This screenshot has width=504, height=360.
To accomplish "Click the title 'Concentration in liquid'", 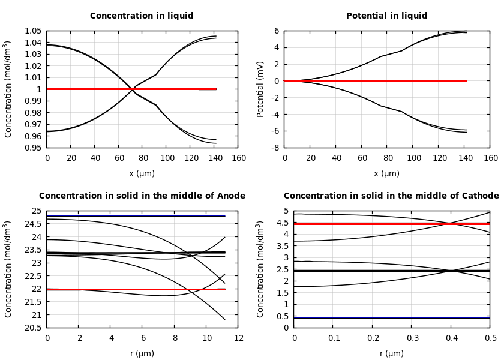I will tap(142, 16).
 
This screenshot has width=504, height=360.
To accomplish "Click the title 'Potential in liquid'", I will tap(386, 16).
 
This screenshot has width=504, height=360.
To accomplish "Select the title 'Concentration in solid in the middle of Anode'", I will tap(142, 196).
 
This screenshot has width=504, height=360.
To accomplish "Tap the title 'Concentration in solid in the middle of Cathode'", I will tap(391, 196).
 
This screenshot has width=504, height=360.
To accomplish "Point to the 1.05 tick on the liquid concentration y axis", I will tap(33, 31).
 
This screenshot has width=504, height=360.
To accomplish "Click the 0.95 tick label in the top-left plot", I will tap(33, 148).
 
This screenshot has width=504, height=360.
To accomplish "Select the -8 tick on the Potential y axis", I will tap(275, 148).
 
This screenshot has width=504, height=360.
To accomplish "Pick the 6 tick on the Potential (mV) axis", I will tap(277, 31).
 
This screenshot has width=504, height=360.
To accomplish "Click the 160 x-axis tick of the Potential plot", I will tap(490, 158).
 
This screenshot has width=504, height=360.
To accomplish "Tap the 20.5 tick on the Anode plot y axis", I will tap(33, 328).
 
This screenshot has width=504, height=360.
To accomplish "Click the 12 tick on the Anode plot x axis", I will tap(238, 338).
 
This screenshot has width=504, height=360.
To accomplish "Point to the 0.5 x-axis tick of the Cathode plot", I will tap(490, 338).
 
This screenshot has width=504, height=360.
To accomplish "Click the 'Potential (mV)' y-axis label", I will tap(260, 89).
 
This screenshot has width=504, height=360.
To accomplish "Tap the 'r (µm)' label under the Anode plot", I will tap(142, 353).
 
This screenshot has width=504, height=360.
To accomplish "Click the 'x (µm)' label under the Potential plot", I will tap(386, 173).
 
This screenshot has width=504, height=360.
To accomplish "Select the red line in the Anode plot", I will tap(120, 289).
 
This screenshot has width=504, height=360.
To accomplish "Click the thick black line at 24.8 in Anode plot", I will tap(120, 216).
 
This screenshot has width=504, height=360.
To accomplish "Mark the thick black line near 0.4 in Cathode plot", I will tap(390, 318).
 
